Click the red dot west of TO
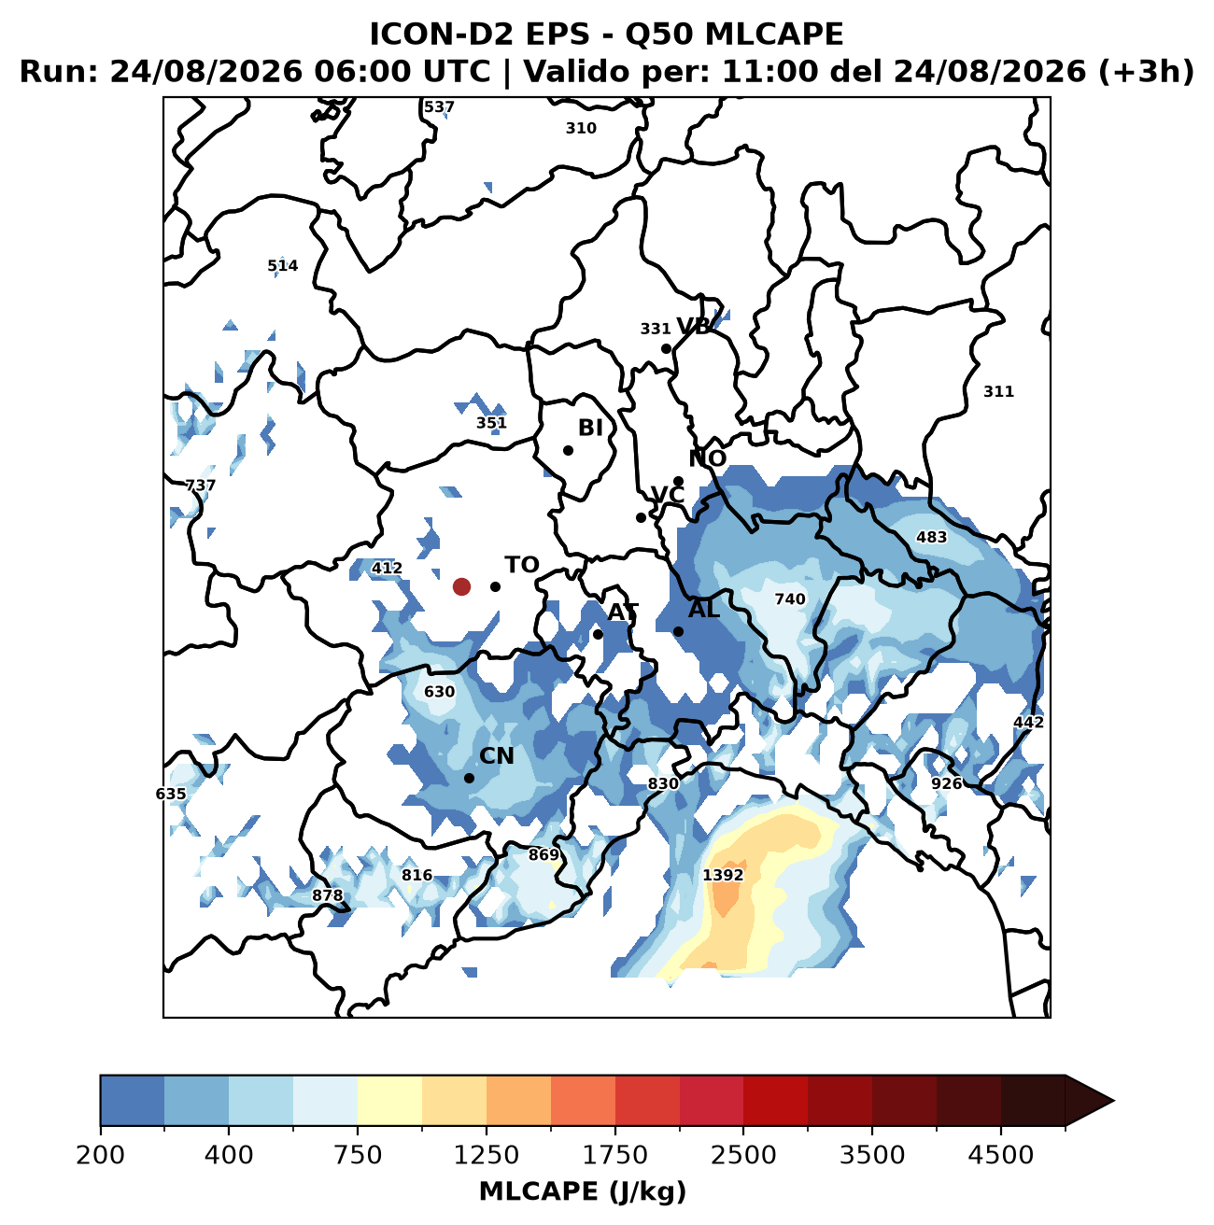461,586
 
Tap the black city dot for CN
470,778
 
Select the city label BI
590,428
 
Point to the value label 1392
723,876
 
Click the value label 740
790,598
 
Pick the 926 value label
946,783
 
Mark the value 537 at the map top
439,106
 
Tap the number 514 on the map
282,265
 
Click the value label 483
931,537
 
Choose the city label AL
704,610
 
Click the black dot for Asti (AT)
598,634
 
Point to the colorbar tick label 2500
743,1155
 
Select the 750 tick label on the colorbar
358,1155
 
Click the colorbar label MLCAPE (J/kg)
583,1192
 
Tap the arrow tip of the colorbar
1114,1101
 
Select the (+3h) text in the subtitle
1146,72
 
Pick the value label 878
327,895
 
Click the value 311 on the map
998,391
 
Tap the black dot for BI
569,451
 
